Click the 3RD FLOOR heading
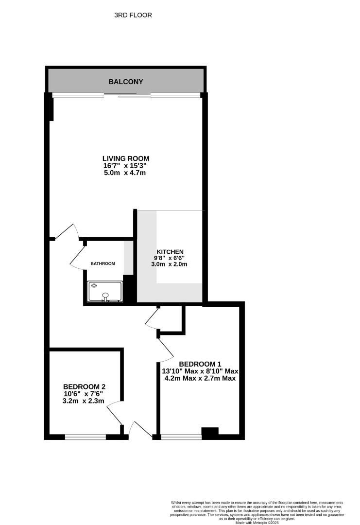coord(133,15)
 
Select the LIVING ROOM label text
coord(125,158)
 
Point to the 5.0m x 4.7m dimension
coord(125,173)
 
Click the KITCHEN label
coord(169,251)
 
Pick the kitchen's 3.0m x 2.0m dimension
coord(169,264)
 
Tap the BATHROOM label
coord(103,263)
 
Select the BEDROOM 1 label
coord(200,364)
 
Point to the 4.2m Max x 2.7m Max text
coord(200,378)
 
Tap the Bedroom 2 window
coord(86,437)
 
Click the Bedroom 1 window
coord(181,437)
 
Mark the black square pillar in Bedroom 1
coord(210,432)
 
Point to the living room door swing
coord(67,232)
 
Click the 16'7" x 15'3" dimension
coord(125,166)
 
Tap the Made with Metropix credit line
coord(257,523)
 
